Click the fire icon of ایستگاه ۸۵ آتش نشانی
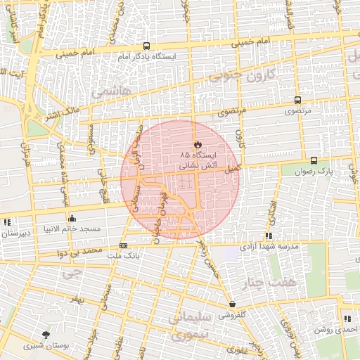click(197, 144)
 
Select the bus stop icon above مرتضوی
click(297, 100)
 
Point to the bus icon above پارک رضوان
click(314, 160)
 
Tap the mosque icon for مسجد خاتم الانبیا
click(72, 218)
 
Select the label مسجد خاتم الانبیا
click(72, 229)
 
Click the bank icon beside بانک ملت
click(124, 245)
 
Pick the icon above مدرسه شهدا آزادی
click(268, 236)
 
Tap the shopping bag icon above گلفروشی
click(232, 304)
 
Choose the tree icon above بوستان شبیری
click(46, 335)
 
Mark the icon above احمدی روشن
click(348, 319)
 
